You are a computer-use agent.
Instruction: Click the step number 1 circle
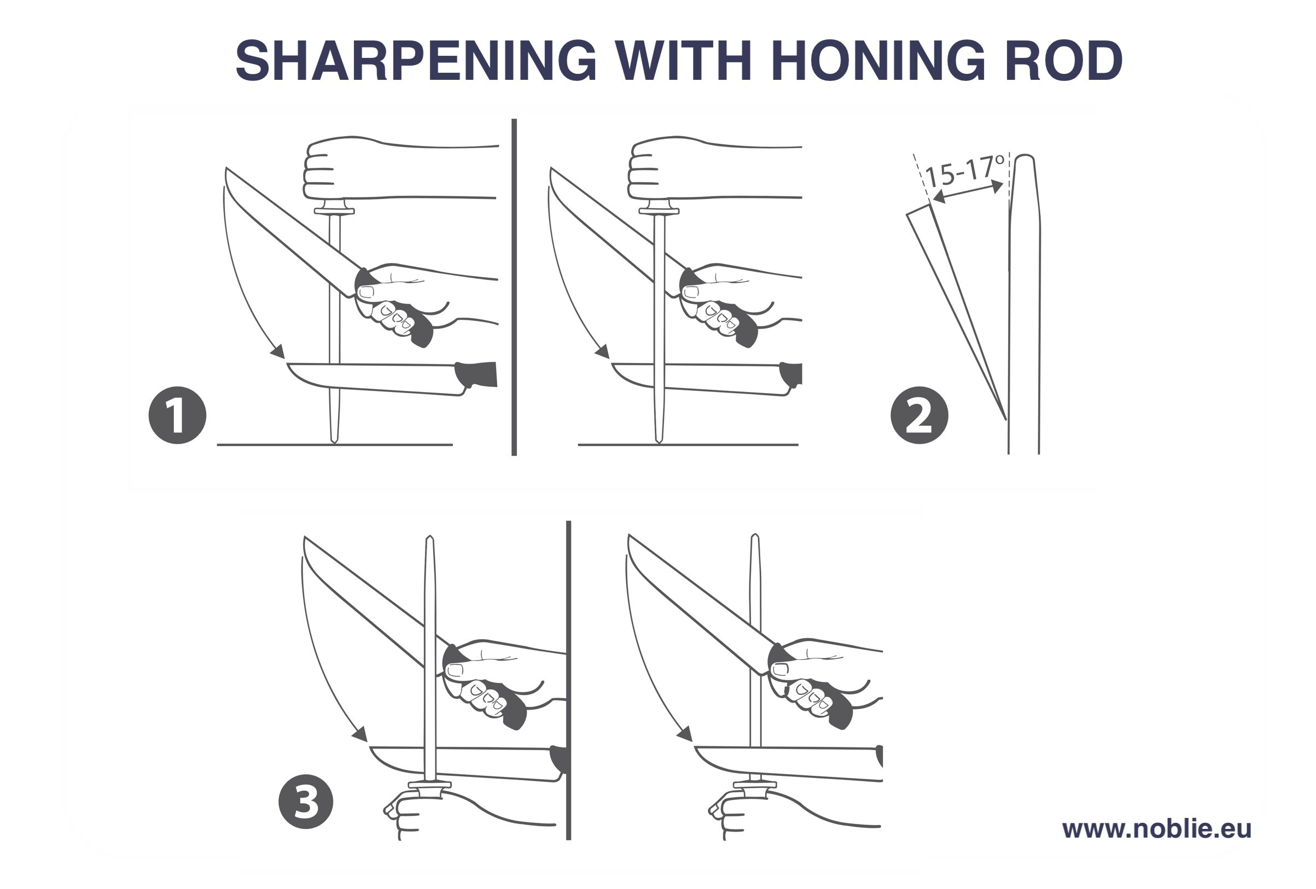click(x=177, y=416)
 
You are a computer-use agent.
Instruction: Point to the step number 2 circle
click(x=919, y=416)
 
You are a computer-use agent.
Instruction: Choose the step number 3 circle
click(x=306, y=802)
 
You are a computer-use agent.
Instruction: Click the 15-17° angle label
click(x=963, y=171)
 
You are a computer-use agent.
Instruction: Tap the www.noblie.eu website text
click(x=1156, y=828)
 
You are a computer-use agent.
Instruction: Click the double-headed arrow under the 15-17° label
click(x=967, y=192)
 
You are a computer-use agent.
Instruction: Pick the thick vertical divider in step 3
click(x=568, y=679)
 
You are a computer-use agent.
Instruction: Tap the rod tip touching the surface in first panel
click(x=334, y=439)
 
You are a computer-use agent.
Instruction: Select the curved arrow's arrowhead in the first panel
click(x=278, y=352)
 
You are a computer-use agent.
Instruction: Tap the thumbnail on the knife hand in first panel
click(x=366, y=292)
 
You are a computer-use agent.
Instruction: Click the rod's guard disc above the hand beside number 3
click(x=429, y=785)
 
